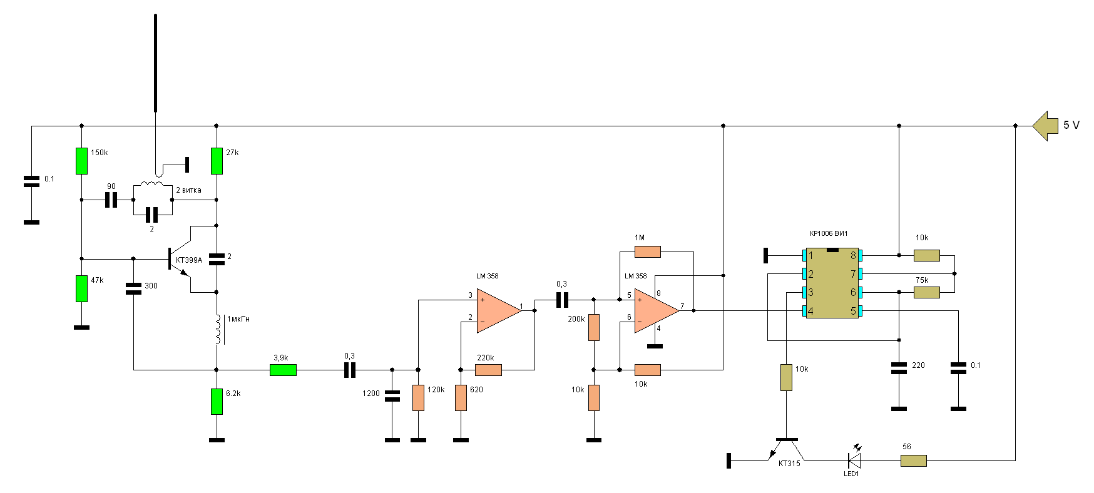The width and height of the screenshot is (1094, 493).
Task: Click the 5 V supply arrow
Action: tap(1044, 126)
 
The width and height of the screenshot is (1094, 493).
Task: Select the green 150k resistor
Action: tap(81, 161)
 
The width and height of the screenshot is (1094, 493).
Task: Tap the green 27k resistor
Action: tap(217, 161)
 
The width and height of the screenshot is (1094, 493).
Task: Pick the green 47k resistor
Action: tap(81, 288)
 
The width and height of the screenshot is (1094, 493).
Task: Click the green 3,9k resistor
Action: tap(283, 370)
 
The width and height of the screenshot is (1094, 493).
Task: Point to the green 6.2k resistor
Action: tap(217, 401)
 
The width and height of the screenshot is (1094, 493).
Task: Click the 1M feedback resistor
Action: tap(647, 252)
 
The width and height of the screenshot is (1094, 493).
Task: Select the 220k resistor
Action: tap(488, 370)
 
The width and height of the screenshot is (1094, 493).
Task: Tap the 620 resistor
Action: tap(461, 398)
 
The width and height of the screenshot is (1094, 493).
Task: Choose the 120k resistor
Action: tap(418, 398)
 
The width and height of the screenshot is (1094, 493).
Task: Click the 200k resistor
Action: tap(594, 327)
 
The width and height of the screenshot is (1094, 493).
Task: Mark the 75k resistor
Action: tap(926, 292)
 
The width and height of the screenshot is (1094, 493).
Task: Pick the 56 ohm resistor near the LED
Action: tap(913, 460)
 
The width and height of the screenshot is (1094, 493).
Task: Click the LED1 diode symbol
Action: tap(854, 460)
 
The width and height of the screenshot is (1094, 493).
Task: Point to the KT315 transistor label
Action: tap(789, 464)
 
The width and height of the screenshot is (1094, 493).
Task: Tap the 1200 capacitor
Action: tap(392, 395)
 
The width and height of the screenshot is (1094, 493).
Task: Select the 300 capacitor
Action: tap(133, 288)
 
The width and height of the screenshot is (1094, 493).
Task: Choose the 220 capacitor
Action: tap(899, 368)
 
